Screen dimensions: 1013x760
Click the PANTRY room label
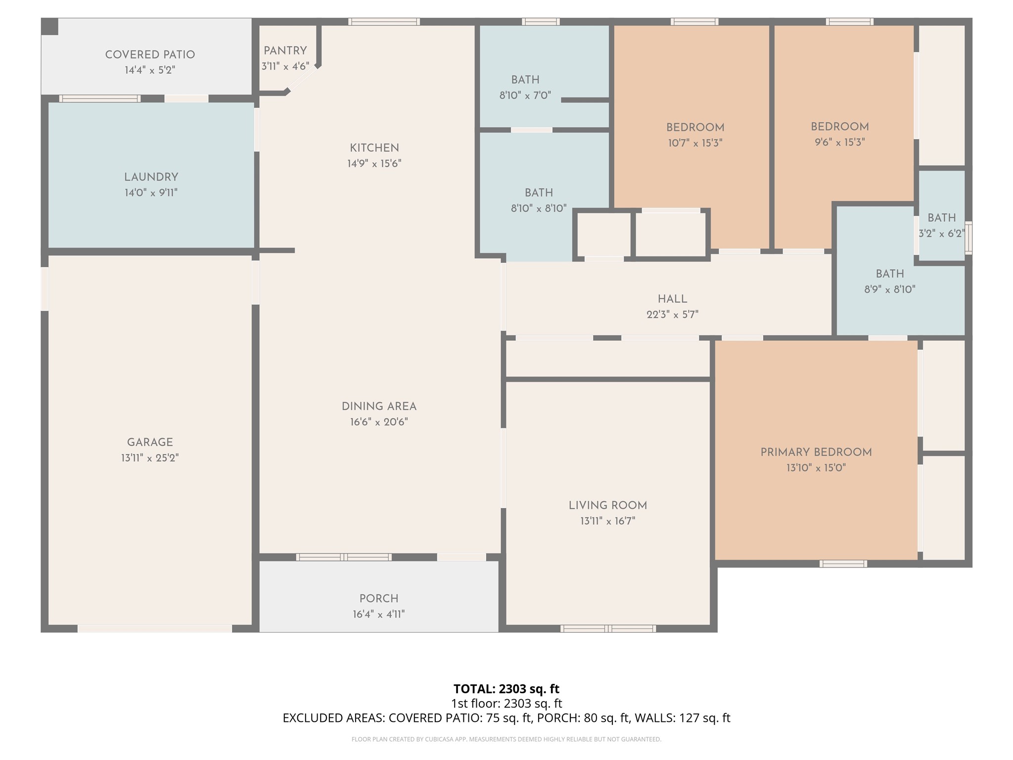[285, 51]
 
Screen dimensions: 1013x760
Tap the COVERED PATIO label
[150, 55]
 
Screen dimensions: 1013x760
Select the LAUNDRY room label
[151, 177]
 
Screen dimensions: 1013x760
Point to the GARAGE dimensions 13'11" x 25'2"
[150, 458]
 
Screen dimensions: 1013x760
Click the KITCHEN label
[374, 148]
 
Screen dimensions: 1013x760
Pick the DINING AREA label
[379, 407]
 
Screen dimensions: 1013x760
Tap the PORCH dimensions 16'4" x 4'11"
[379, 615]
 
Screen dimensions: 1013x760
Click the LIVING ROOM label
[608, 506]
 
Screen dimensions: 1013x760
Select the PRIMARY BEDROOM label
[816, 452]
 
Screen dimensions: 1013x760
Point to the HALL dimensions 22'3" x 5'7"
[673, 315]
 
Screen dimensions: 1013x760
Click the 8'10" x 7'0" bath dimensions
[525, 95]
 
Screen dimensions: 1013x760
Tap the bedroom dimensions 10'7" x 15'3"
[695, 143]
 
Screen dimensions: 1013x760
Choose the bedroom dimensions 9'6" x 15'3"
[840, 142]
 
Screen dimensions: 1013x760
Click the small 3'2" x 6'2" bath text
[942, 234]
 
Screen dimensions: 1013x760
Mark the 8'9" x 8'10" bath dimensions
[890, 289]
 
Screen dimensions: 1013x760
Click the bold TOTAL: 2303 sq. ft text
[506, 689]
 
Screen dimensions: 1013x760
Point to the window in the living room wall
[608, 629]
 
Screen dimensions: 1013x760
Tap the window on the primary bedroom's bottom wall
[843, 564]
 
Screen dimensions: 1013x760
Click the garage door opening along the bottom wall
[155, 628]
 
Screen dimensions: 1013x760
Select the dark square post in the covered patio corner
[49, 27]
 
